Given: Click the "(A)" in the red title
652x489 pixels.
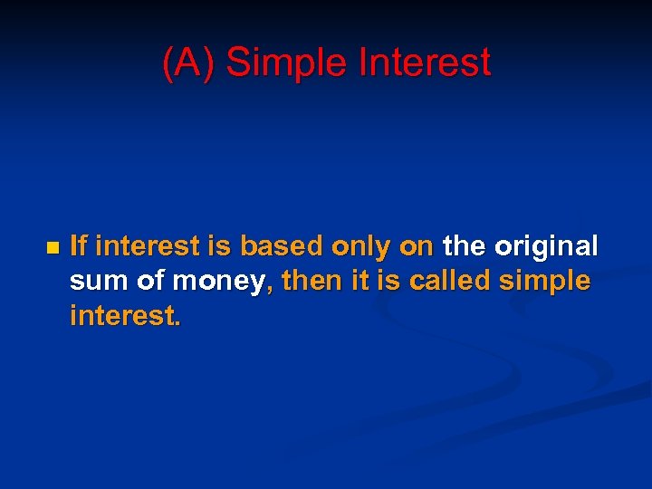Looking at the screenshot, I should [x=188, y=62].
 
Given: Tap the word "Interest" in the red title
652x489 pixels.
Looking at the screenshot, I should [x=425, y=62].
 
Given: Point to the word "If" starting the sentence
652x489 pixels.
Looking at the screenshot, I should [x=78, y=245].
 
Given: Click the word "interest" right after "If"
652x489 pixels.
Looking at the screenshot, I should [x=140, y=245].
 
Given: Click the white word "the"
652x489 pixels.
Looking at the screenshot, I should [x=465, y=245].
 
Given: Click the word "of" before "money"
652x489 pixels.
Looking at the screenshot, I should [x=151, y=281].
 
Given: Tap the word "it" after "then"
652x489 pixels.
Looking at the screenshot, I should [x=362, y=281].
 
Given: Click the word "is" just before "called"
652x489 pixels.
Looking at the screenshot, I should [x=389, y=281].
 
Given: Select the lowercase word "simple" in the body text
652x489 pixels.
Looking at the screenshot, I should [x=546, y=283].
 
